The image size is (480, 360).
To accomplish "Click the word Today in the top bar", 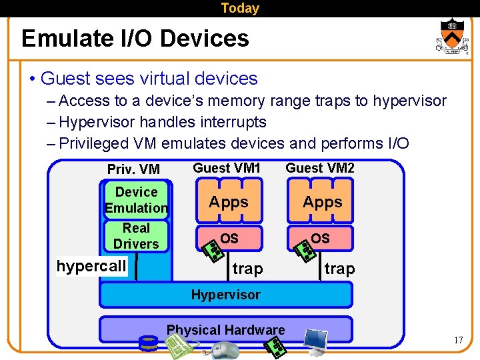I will pos(240,8).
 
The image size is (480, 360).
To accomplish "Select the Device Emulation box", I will pos(136,199).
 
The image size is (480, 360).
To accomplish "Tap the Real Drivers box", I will pos(136,236).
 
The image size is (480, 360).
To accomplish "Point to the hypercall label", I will pos(91,267).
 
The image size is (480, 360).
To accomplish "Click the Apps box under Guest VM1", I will pos(229,202).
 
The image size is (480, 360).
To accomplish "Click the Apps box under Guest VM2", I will pos(323,202).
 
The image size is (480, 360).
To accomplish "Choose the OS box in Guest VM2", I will pos(320,238).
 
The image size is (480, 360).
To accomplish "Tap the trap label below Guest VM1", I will pos(247,269).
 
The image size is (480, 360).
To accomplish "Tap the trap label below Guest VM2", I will pos(339,269).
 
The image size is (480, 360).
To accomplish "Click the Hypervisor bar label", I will pos(226,294).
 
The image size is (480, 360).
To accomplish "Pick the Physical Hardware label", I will pos(225,329).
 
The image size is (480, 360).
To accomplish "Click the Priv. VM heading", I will pos(133,169).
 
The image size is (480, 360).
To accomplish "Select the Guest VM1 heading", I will pos(227,168).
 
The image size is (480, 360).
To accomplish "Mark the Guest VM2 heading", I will pos(320,168).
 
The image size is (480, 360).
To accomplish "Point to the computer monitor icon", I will pos(315,341).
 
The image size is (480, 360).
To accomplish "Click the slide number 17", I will pos(458,341).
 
